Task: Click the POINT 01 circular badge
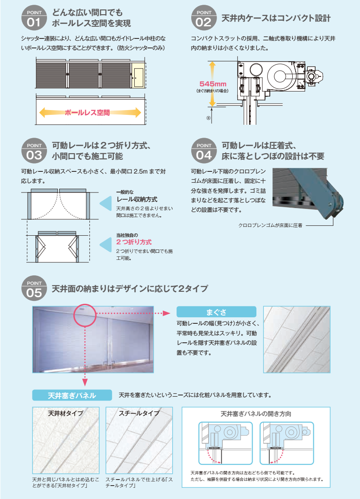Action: pos(34,18)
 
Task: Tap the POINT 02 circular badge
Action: pos(204,18)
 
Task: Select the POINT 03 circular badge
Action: pos(34,151)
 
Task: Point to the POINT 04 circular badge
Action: pos(204,151)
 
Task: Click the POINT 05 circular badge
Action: pos(34,288)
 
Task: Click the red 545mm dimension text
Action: pos(213,84)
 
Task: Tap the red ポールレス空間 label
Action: pos(87,113)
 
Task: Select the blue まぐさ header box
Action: pos(216,312)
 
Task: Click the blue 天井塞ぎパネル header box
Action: pos(72,395)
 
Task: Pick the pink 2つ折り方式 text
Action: pos(134,242)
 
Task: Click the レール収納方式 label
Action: pos(137,199)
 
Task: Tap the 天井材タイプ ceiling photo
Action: pos(66,440)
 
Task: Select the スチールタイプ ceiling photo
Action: pos(139,440)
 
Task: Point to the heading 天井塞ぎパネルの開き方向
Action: pos(256,414)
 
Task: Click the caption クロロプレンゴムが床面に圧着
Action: pos(270,225)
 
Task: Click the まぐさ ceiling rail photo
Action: pos(297,340)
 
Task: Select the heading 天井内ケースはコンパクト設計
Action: pos(276,18)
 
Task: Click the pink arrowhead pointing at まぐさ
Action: pos(167,313)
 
